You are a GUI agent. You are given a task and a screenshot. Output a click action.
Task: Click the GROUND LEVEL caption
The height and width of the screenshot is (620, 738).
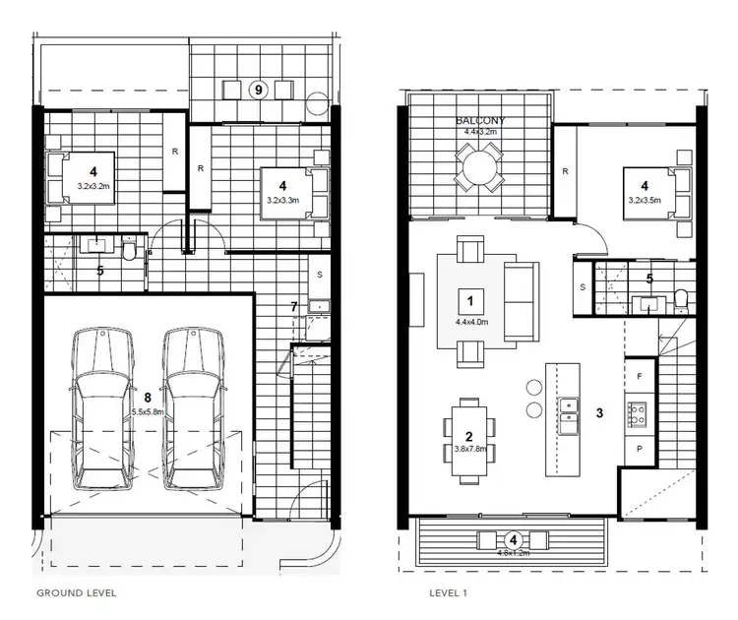click(x=76, y=593)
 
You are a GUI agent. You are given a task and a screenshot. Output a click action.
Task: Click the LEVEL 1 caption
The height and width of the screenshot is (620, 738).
click(x=448, y=593)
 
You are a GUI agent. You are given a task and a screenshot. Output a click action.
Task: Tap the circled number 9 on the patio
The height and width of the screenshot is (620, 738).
click(x=259, y=90)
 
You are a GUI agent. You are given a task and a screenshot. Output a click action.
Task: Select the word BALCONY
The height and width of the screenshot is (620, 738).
click(x=478, y=120)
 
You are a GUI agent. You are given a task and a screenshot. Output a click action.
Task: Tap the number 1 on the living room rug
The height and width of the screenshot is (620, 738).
click(x=471, y=300)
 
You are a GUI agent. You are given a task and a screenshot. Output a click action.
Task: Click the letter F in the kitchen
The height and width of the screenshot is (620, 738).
click(x=641, y=376)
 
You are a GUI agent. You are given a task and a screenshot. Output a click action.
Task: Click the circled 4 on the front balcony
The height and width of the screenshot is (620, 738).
click(x=513, y=539)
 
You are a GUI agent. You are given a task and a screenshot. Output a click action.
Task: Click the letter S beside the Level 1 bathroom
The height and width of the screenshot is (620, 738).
click(x=583, y=287)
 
